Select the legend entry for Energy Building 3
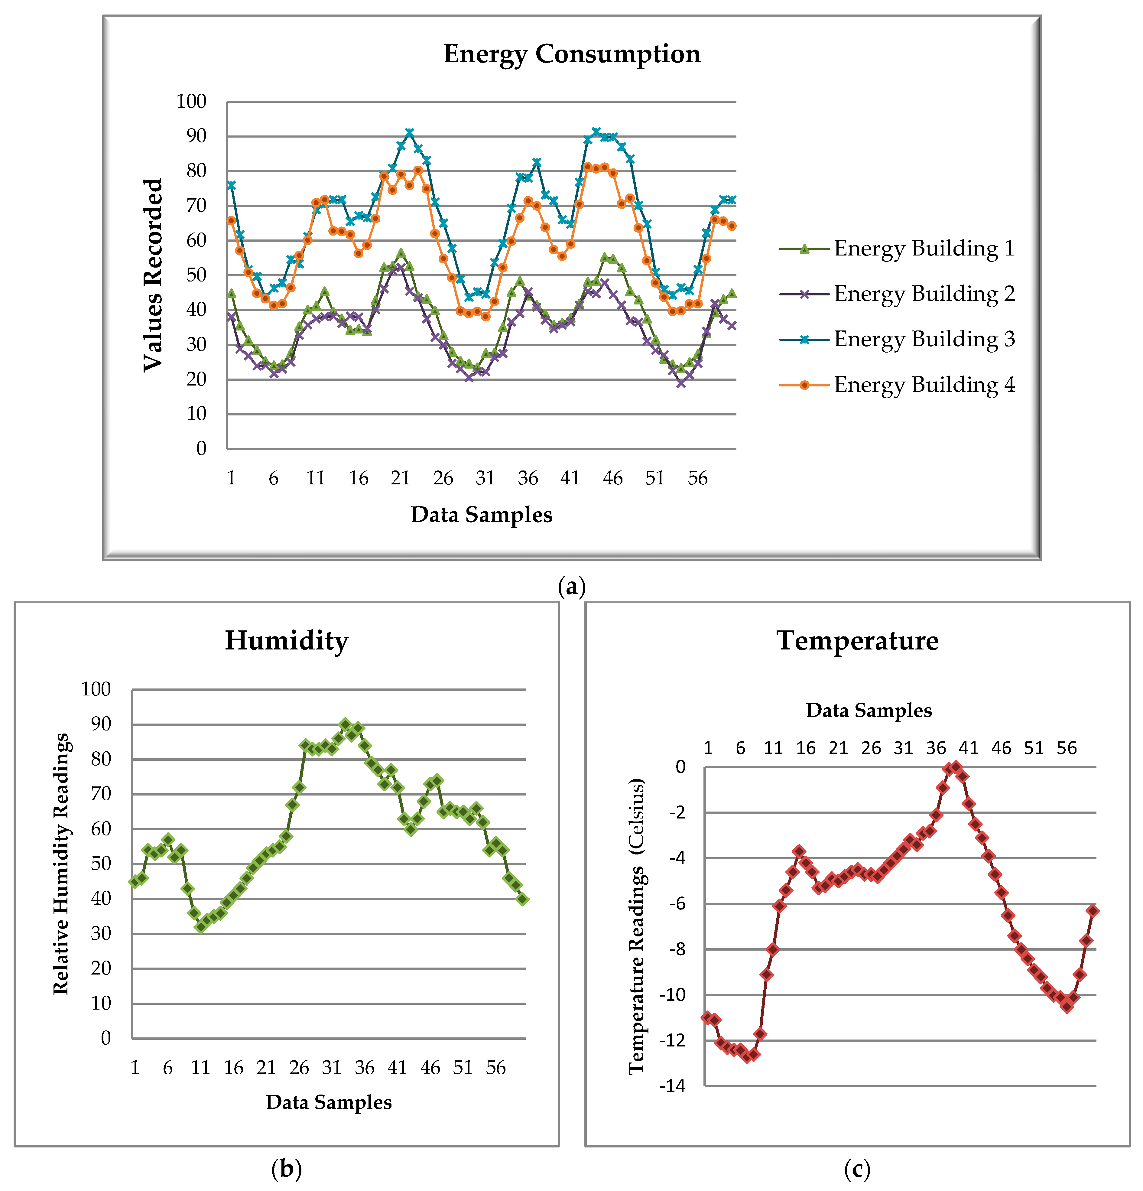pos(924,339)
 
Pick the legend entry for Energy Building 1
pos(924,249)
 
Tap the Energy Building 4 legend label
pos(924,385)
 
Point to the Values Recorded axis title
pos(153,275)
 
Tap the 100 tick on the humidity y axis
pos(96,689)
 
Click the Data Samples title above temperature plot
pos(868,710)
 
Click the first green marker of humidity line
pos(135,881)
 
